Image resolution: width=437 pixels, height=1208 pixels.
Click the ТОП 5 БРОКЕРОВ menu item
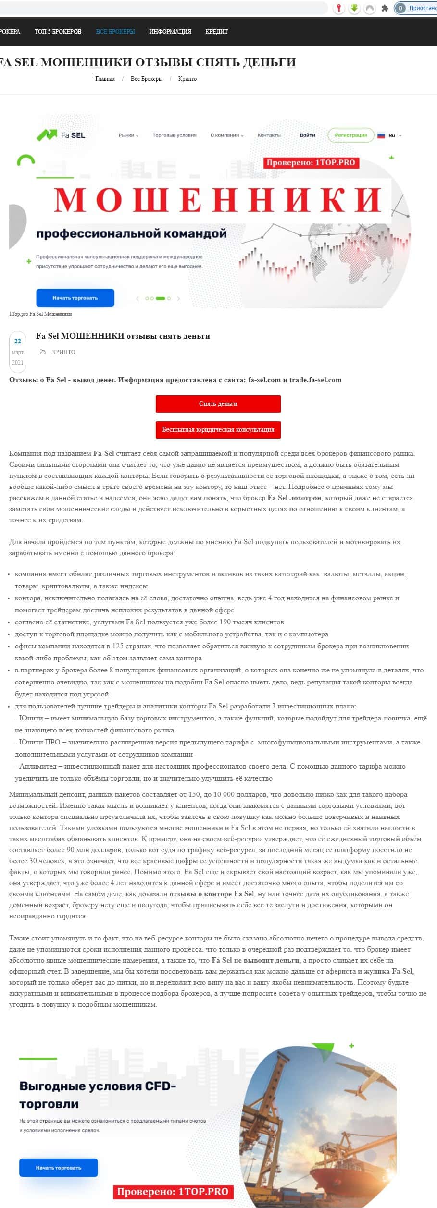(58, 32)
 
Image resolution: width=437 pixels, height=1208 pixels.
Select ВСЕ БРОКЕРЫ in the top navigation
(115, 32)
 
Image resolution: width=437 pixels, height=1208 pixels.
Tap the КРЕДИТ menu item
(216, 32)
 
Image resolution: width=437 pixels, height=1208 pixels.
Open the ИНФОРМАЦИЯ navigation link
(170, 32)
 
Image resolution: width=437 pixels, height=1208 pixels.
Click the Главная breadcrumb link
(105, 79)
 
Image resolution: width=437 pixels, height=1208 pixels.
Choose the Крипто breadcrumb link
(187, 79)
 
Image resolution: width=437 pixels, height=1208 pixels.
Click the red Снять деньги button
(218, 404)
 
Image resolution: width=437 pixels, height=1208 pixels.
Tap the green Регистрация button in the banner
(350, 135)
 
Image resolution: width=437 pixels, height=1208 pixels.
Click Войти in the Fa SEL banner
(307, 135)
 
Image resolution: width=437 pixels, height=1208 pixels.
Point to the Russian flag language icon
(381, 135)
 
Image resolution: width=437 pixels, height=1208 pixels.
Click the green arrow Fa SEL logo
(61, 135)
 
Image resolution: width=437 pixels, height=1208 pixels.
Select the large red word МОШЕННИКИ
(217, 200)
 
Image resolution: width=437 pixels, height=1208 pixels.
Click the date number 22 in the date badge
(18, 342)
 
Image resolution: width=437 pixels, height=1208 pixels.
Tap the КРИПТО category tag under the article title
(63, 352)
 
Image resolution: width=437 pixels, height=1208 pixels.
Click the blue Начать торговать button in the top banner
(75, 298)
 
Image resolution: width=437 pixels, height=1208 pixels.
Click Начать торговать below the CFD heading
(58, 1168)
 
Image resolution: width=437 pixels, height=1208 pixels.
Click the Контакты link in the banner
(269, 135)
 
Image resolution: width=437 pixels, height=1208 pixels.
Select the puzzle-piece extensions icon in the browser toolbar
(385, 8)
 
